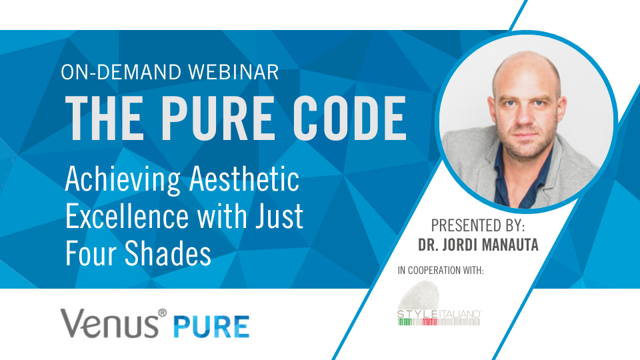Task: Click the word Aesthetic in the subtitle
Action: (244, 180)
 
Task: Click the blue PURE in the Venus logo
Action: (213, 327)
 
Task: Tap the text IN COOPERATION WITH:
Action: (440, 271)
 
